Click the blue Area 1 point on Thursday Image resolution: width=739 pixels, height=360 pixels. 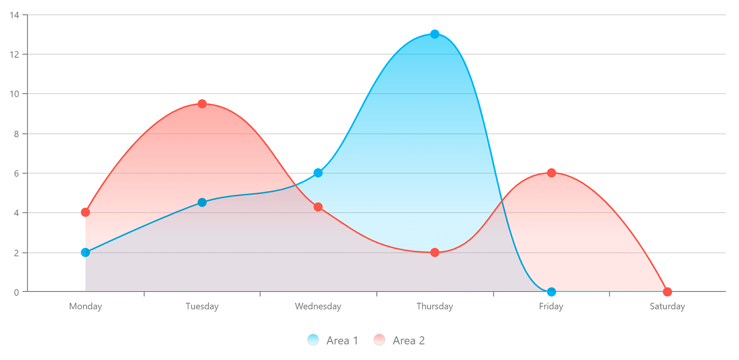[434, 34]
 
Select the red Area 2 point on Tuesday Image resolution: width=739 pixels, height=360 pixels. [202, 104]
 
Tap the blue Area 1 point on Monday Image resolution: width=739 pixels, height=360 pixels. [85, 252]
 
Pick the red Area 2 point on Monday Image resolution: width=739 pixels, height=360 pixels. [85, 212]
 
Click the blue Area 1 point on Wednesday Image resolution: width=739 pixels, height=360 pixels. [318, 173]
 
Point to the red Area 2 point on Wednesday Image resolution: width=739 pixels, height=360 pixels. [318, 207]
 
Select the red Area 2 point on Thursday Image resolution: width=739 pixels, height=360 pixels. [434, 252]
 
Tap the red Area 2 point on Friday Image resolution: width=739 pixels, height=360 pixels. [551, 173]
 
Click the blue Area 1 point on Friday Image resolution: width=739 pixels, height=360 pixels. [551, 292]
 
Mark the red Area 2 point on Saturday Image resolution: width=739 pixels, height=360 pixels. [667, 292]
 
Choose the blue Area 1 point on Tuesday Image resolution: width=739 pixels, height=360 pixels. [202, 202]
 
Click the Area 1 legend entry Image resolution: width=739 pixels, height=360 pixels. [333, 340]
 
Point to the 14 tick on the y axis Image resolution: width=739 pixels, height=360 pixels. [14, 15]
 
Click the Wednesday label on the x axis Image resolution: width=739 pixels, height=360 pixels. [318, 306]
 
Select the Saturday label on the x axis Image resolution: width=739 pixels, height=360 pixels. [667, 306]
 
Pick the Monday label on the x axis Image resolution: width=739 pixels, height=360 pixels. [85, 306]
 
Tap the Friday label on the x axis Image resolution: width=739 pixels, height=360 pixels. [551, 306]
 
